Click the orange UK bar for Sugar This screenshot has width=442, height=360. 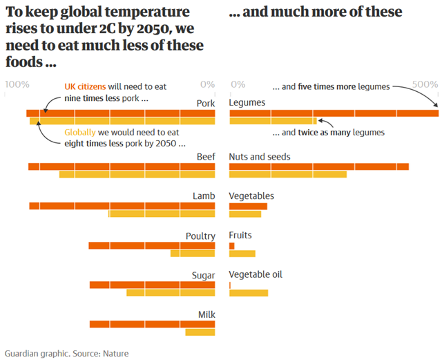[152, 285]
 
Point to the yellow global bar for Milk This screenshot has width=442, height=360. [200, 332]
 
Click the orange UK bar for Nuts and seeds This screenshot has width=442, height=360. [318, 167]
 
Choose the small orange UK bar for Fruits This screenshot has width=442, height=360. [232, 245]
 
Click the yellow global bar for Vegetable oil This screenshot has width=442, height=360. [249, 293]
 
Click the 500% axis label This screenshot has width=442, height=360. [425, 84]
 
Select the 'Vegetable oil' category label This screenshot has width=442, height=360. [256, 274]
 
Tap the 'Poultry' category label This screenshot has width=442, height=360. [200, 236]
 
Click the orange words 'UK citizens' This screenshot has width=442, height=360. [86, 87]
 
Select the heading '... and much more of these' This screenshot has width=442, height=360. [316, 12]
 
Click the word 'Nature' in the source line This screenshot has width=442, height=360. [115, 353]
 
